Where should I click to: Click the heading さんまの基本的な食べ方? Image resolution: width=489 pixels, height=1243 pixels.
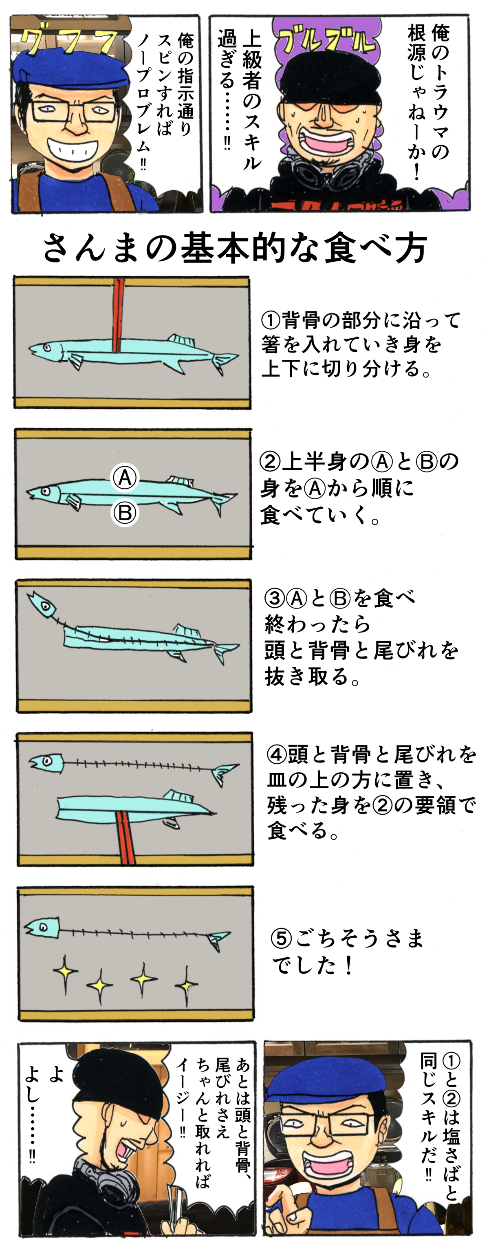click(x=235, y=247)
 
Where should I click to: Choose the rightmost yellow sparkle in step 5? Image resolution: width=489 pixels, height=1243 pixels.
click(x=186, y=984)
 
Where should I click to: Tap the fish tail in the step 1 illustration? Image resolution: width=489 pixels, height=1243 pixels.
click(x=223, y=361)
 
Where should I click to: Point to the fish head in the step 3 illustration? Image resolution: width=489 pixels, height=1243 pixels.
click(x=42, y=603)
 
